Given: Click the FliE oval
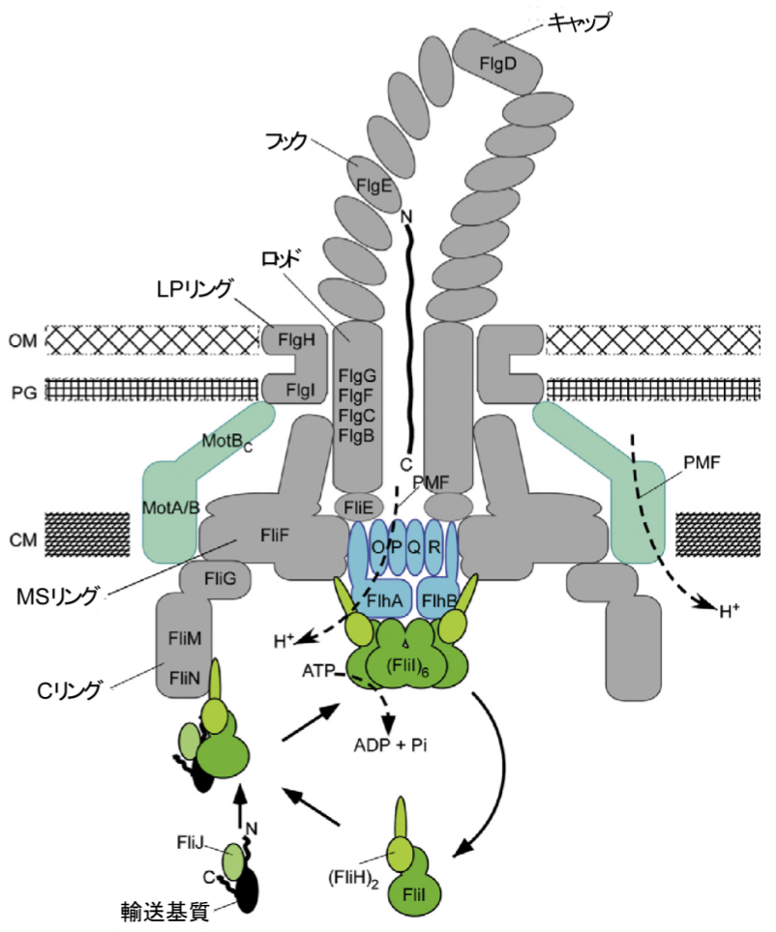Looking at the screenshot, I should (x=352, y=506).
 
